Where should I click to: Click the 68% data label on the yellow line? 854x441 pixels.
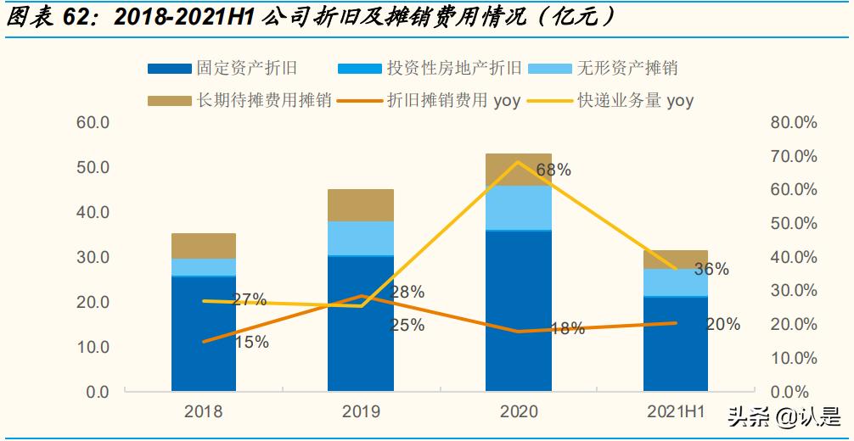(553, 170)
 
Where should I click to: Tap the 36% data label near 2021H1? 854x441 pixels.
(711, 269)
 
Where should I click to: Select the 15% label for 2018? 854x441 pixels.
(251, 343)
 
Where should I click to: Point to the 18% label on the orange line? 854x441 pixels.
(567, 329)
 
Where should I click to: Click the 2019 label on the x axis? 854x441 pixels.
(361, 412)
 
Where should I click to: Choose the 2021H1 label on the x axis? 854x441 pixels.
(676, 412)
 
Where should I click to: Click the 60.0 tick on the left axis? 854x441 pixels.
(93, 123)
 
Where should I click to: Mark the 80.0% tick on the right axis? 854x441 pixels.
(793, 123)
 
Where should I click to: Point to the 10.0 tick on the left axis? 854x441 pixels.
(93, 348)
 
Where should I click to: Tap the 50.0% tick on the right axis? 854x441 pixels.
(793, 224)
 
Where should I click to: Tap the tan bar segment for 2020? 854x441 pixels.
(519, 170)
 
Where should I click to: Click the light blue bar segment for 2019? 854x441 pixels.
(361, 237)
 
